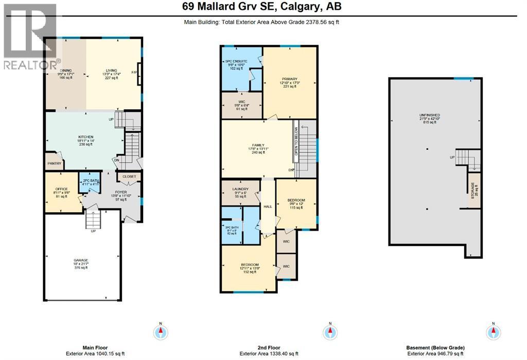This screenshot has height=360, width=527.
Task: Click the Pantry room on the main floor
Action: [x=55, y=163]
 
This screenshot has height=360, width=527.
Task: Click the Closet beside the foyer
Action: [x=129, y=177]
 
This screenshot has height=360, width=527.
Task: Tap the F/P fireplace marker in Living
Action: [x=135, y=73]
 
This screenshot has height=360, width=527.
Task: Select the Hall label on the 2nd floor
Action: [x=268, y=207]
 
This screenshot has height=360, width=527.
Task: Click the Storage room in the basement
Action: [x=473, y=191]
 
